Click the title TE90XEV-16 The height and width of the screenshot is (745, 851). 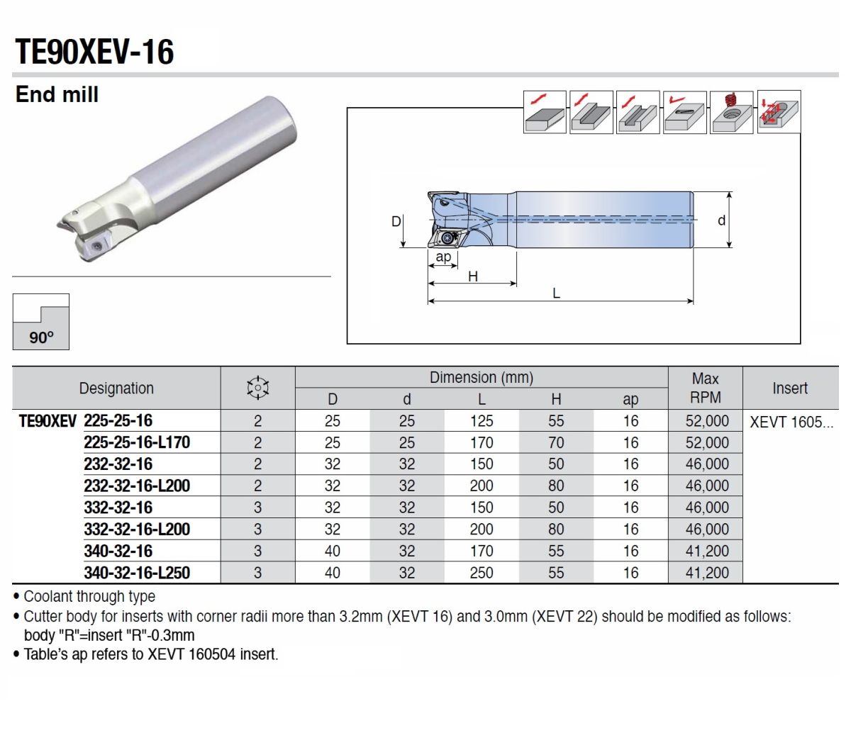94,52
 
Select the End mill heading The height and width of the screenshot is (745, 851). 57,94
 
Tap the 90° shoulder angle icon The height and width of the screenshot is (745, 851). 41,322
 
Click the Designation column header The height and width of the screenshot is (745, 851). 116,388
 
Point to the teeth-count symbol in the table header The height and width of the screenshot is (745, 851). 257,388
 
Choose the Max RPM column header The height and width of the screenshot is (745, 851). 705,388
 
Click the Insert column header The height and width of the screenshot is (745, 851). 789,388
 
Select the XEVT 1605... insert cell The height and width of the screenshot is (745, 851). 791,422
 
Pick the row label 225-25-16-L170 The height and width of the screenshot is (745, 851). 137,442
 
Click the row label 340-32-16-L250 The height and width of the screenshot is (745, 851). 137,573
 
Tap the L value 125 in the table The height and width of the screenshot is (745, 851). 481,421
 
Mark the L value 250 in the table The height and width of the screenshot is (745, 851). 481,573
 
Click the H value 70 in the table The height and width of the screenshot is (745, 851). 555,443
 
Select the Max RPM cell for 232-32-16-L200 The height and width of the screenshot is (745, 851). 706,486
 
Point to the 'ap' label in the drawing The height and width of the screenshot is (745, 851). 443,257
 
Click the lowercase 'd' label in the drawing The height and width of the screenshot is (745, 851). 721,220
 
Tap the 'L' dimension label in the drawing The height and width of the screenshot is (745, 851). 556,293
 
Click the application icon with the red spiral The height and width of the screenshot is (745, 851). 732,112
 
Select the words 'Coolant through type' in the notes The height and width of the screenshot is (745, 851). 89,597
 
